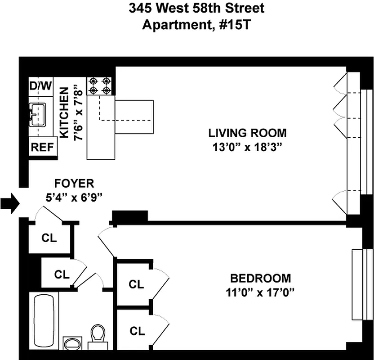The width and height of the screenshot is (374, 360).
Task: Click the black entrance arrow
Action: (x=10, y=204)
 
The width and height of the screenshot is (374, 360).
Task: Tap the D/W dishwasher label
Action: (x=40, y=85)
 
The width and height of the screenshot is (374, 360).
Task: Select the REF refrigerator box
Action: (x=43, y=146)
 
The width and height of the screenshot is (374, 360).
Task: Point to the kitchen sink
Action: (x=37, y=115)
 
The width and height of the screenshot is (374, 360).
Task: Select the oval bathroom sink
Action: (x=73, y=343)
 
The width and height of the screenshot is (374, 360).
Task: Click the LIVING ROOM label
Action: (x=247, y=133)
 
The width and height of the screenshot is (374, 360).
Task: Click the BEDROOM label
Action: (x=260, y=279)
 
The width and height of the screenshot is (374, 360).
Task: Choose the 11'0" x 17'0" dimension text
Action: (x=260, y=292)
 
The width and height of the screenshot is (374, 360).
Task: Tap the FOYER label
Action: (x=74, y=183)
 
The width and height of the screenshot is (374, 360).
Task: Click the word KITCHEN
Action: (x=64, y=112)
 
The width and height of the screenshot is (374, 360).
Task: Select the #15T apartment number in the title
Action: (x=235, y=25)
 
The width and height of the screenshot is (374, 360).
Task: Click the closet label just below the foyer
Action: (x=49, y=238)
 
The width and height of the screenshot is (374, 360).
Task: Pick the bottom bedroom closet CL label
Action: (x=137, y=331)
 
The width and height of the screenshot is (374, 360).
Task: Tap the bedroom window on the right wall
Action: (x=363, y=285)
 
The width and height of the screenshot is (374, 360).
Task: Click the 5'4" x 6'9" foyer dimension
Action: (x=74, y=198)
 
